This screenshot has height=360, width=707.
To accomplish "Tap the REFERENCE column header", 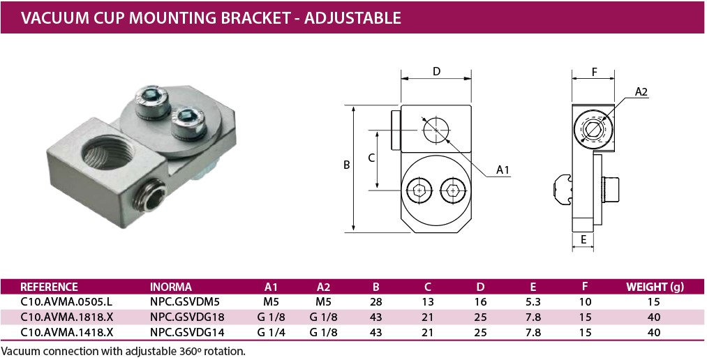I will pyautogui.click(x=49, y=287).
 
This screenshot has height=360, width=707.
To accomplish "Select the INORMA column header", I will pyautogui.click(x=170, y=287).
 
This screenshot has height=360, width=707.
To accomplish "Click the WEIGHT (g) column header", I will pyautogui.click(x=655, y=287).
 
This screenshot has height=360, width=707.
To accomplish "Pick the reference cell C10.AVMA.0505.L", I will pyautogui.click(x=67, y=302).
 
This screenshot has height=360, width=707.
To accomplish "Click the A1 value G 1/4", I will pyautogui.click(x=271, y=332).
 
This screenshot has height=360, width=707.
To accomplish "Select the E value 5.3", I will pyautogui.click(x=533, y=302).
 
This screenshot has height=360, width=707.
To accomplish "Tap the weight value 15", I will pyautogui.click(x=654, y=302).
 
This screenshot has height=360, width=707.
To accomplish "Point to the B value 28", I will pyautogui.click(x=376, y=302).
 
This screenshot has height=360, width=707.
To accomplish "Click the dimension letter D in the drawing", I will pyautogui.click(x=436, y=71).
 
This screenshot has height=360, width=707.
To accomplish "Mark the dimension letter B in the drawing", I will pyautogui.click(x=346, y=165).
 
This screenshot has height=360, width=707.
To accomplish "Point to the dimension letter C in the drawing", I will pyautogui.click(x=371, y=158).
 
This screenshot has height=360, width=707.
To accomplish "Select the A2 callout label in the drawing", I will pyautogui.click(x=641, y=91).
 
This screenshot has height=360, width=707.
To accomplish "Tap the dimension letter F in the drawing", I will pyautogui.click(x=594, y=71).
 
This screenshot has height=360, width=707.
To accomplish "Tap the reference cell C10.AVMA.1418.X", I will pyautogui.click(x=67, y=332).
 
